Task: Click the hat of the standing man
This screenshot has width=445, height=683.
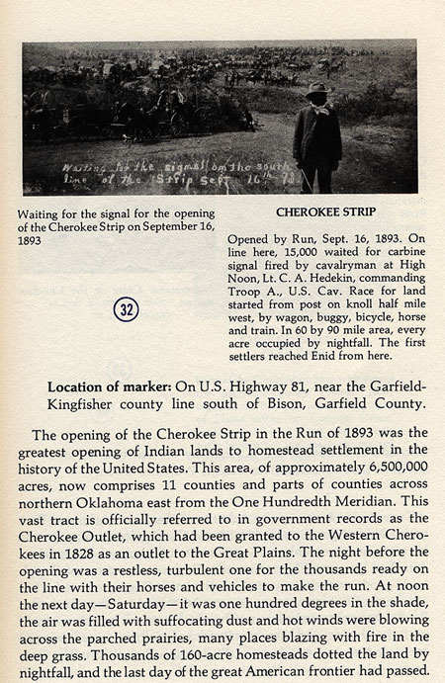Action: point(318,90)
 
